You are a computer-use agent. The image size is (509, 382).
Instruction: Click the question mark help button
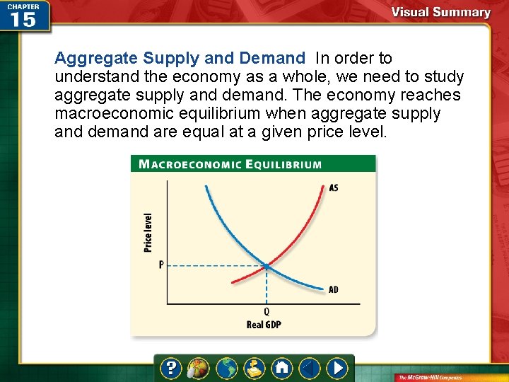click(x=171, y=368)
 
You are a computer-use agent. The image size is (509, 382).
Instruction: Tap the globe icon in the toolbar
click(x=227, y=368)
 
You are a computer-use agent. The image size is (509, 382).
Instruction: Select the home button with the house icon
click(x=282, y=368)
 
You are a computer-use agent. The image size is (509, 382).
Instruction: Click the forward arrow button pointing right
click(x=337, y=368)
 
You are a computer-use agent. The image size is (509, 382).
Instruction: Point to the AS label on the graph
click(x=334, y=188)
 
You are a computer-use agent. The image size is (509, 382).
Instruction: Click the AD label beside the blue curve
click(x=334, y=289)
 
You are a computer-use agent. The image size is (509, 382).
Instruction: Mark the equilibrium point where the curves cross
click(x=267, y=265)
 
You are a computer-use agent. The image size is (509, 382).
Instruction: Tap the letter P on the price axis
click(x=161, y=265)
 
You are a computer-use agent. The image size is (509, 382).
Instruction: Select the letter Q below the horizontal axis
click(x=267, y=312)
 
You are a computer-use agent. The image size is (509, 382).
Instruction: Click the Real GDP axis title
click(x=264, y=325)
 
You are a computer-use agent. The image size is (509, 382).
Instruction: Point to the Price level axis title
click(x=148, y=233)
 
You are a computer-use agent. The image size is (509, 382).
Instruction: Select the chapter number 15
click(x=23, y=20)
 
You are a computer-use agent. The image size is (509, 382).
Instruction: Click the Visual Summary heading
click(x=440, y=12)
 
